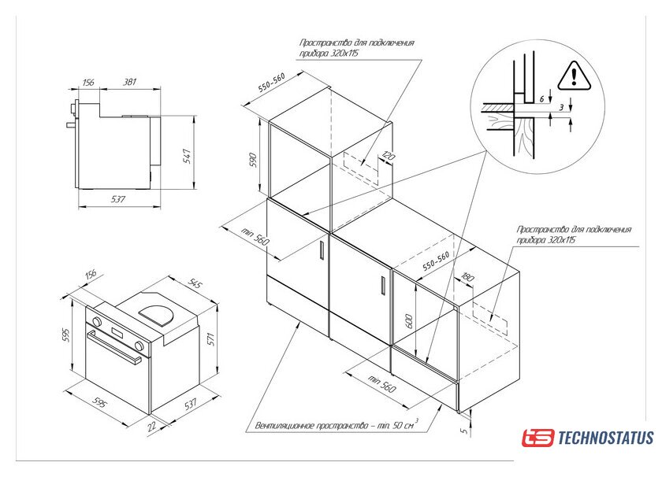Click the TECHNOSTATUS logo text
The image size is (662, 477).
[x=606, y=438]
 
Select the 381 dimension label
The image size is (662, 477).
[x=129, y=81]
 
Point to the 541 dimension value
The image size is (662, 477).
[x=187, y=156]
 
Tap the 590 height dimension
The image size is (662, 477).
[x=253, y=160]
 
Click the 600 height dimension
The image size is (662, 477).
[x=408, y=321]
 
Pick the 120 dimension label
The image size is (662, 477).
[x=388, y=156]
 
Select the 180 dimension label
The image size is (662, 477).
[x=468, y=277]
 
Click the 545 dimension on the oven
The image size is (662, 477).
[x=195, y=284]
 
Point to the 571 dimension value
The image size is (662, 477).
[x=211, y=339]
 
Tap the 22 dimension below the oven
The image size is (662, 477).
[x=151, y=426]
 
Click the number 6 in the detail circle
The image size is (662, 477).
[x=541, y=99]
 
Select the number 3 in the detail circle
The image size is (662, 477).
[x=561, y=108]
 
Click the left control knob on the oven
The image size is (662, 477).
[x=97, y=322]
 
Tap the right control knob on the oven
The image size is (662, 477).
[x=139, y=346]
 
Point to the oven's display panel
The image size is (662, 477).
[x=117, y=332]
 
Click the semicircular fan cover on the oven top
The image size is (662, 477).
[x=156, y=315]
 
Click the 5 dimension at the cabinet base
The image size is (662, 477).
[x=464, y=431]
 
